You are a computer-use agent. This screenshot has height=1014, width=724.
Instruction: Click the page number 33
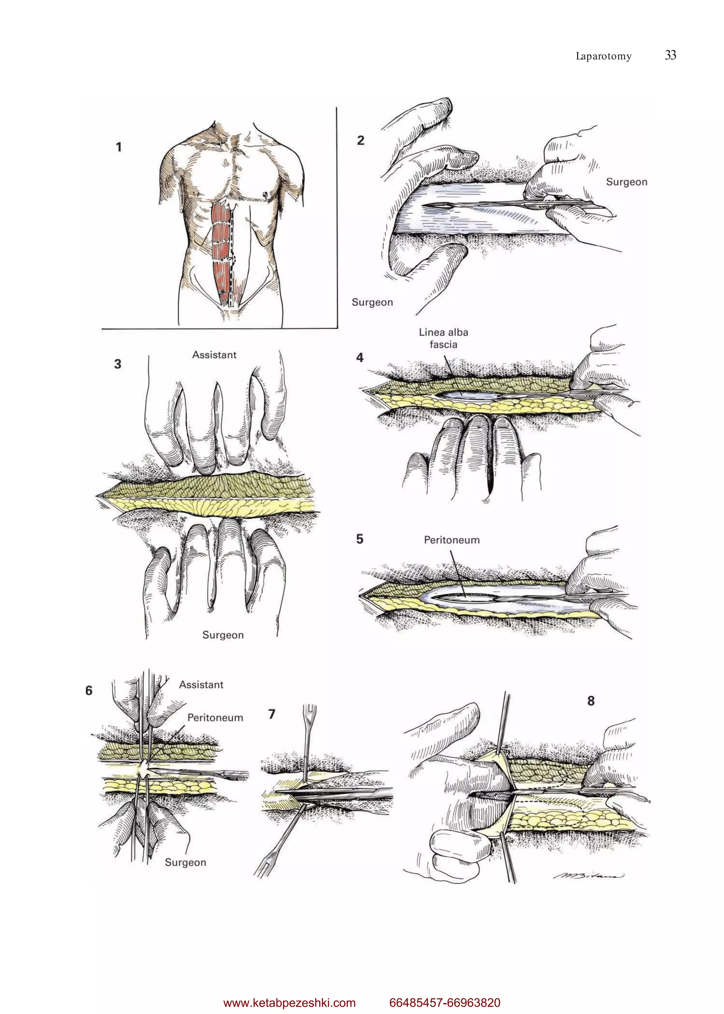670,55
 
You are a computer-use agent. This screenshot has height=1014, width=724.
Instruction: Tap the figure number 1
118,147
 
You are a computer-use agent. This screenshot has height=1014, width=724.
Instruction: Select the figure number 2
361,140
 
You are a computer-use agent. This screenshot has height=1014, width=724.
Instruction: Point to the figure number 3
118,364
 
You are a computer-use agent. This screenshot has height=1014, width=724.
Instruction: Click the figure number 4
360,357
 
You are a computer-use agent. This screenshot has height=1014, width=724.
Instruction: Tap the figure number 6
89,691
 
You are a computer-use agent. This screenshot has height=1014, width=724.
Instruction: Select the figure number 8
591,701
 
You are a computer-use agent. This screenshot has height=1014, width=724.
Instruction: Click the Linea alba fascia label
443,338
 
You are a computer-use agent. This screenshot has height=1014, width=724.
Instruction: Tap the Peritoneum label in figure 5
451,540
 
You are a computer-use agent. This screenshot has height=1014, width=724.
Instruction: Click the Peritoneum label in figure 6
215,718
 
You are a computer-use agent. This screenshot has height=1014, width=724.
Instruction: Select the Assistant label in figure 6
201,684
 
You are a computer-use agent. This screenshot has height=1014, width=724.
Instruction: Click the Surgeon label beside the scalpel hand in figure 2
626,182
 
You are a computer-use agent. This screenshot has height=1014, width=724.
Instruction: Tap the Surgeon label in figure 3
223,635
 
